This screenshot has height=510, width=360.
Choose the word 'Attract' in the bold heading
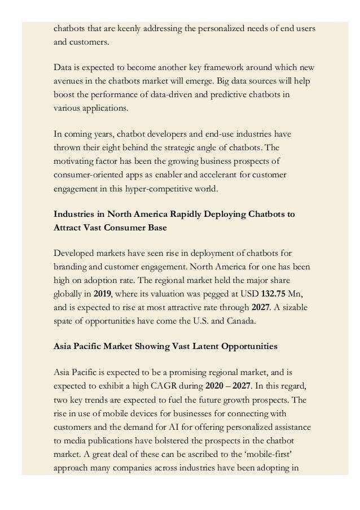[69, 229]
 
